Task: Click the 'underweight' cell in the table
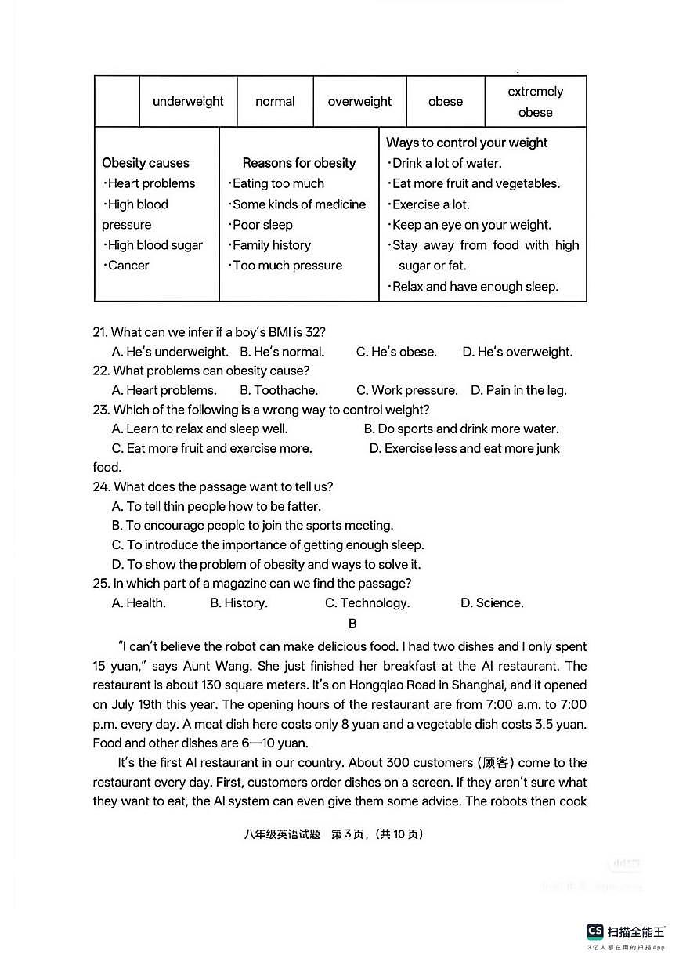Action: [188, 102]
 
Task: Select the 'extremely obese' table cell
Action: [535, 102]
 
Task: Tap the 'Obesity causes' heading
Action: [146, 163]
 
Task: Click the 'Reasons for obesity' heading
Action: [298, 163]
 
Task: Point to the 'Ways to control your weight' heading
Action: [467, 143]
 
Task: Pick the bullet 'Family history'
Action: [271, 245]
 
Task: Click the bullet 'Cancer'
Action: [128, 266]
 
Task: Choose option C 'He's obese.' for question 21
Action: [396, 352]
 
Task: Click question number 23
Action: [100, 410]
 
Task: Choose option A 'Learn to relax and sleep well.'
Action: [200, 429]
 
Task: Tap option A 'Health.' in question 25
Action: [139, 602]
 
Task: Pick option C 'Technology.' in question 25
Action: [367, 602]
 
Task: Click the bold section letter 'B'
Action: [352, 624]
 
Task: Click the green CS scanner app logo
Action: [595, 931]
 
